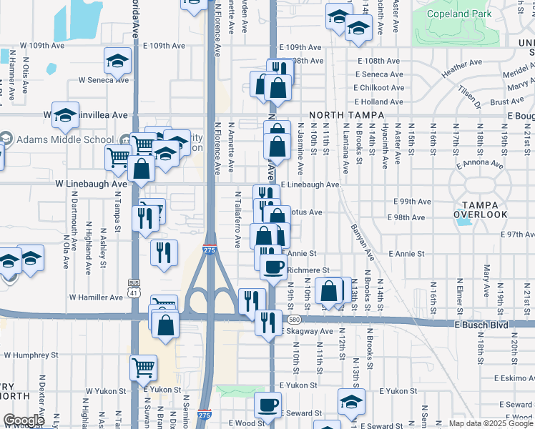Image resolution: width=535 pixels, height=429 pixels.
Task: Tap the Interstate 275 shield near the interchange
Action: coord(208,250)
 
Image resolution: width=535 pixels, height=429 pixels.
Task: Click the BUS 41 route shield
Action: coord(134,287)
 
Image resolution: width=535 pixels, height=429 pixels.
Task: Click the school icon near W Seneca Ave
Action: coord(117,61)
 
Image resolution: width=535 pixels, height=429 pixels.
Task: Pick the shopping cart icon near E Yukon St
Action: coord(143,368)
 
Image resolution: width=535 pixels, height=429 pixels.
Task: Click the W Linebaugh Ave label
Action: coord(92,184)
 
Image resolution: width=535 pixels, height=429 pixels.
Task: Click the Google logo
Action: coord(24,420)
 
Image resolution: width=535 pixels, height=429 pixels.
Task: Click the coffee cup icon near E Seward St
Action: coord(268,405)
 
